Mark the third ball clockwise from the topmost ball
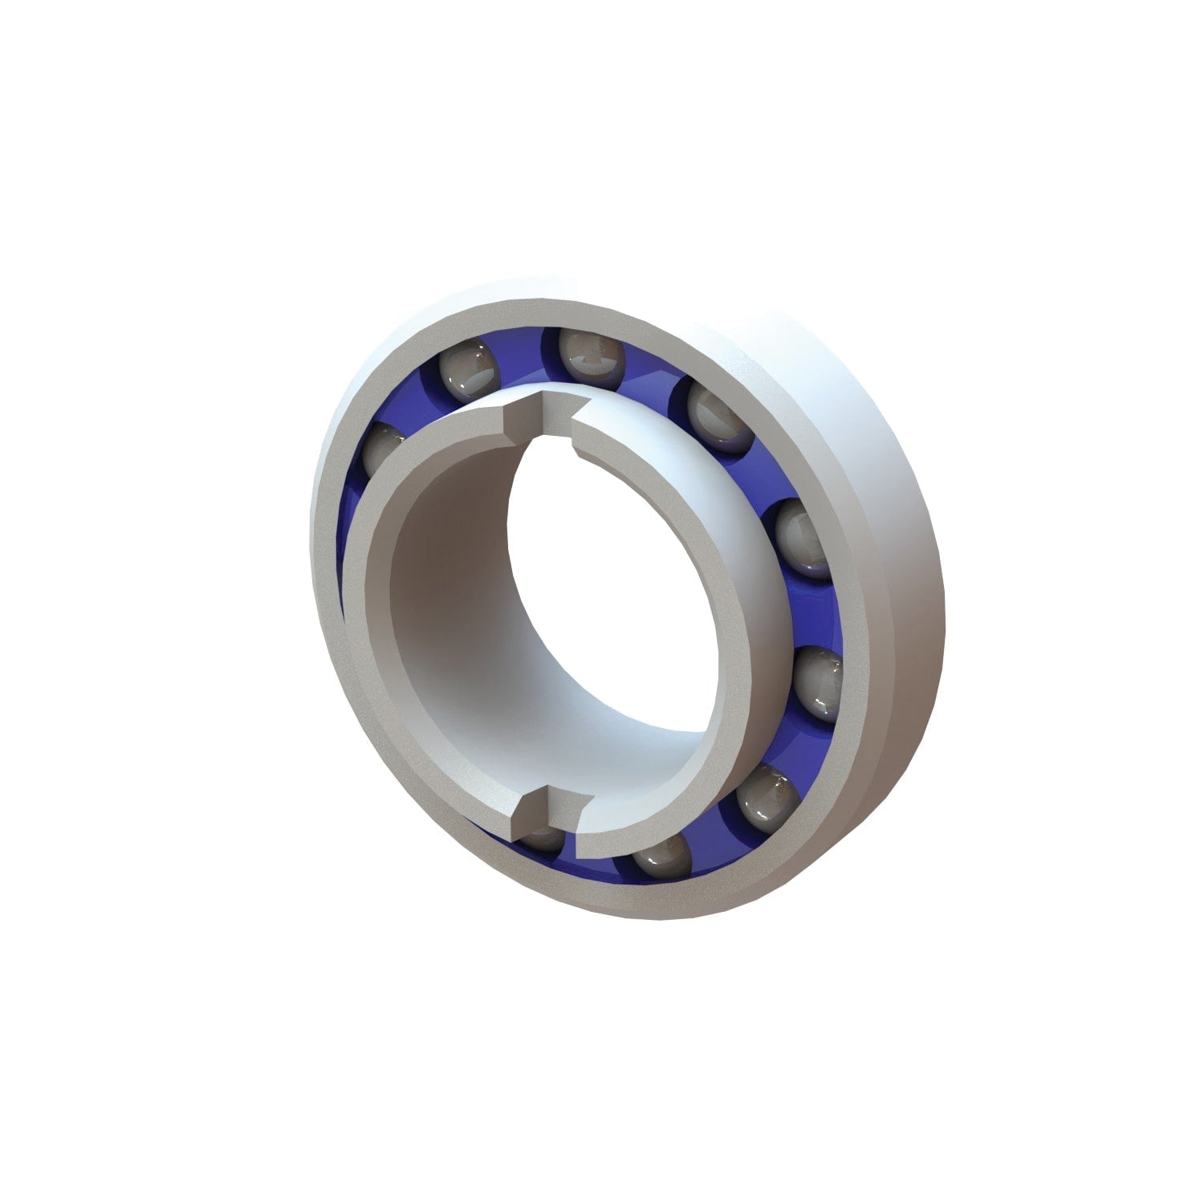(817, 682)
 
